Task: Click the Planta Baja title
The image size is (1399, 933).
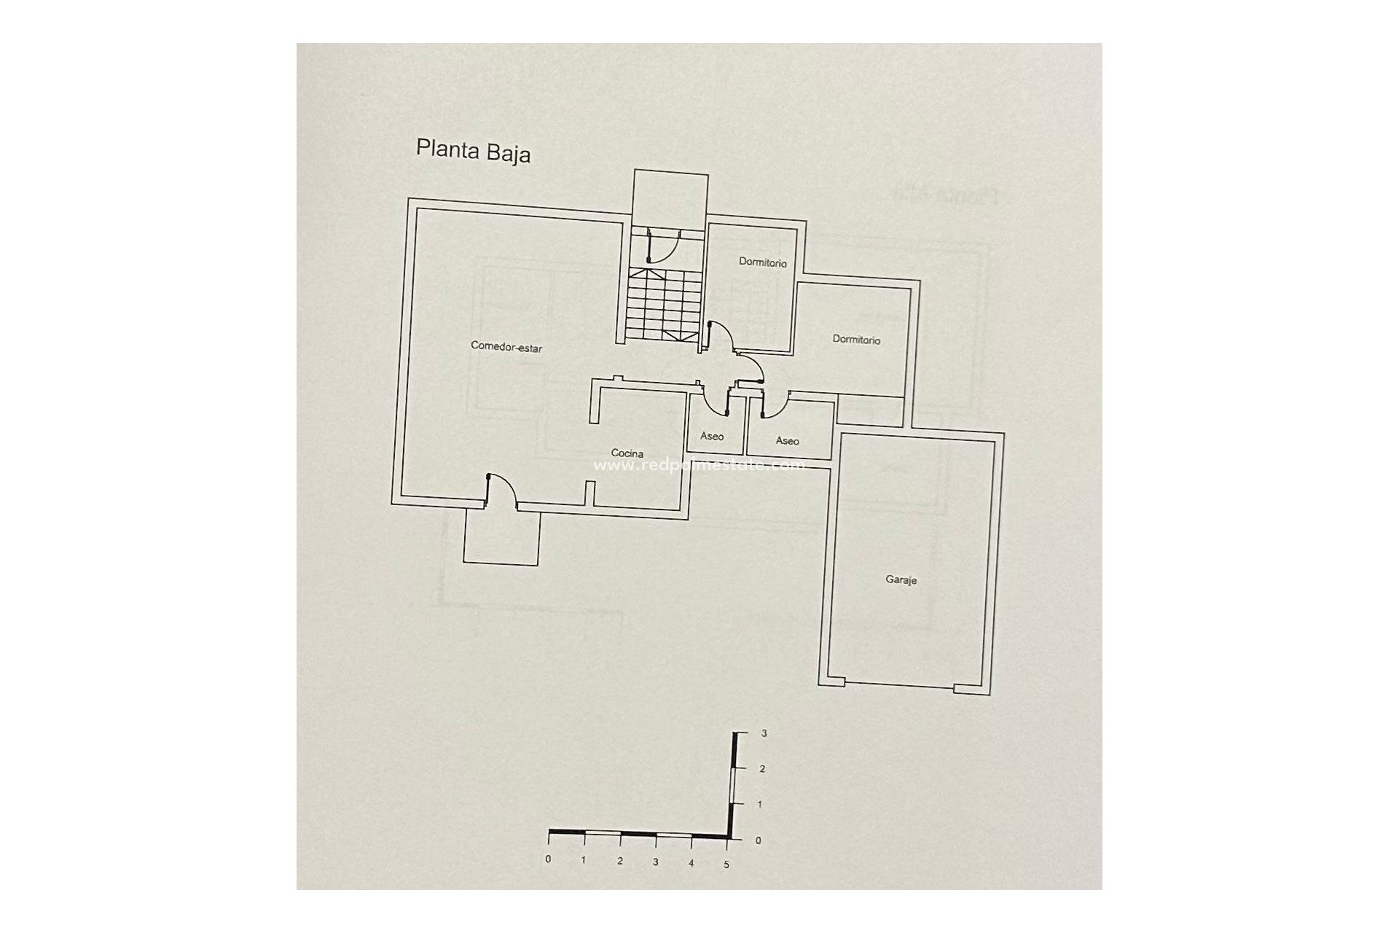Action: (473, 151)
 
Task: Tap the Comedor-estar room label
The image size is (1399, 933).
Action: (506, 348)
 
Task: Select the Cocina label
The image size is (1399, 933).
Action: (627, 453)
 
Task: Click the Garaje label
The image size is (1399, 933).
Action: (901, 580)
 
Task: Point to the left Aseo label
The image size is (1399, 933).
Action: (712, 437)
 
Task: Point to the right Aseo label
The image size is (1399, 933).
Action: (787, 441)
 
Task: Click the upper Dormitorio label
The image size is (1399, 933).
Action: (762, 262)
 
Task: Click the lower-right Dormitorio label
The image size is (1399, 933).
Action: (856, 340)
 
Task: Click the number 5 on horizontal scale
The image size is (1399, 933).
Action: (726, 864)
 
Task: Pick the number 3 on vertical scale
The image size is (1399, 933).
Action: (763, 734)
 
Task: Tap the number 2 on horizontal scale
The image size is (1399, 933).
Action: (619, 862)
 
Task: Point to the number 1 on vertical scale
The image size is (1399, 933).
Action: (760, 805)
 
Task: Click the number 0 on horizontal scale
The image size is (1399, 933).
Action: (548, 859)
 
